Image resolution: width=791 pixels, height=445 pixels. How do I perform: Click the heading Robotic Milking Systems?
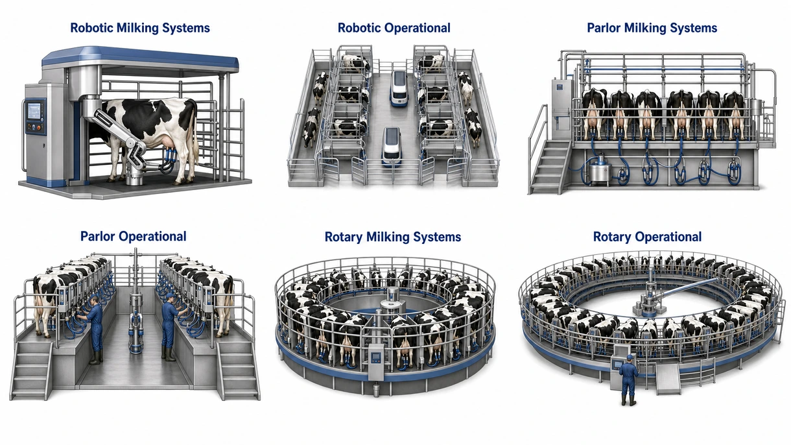140,28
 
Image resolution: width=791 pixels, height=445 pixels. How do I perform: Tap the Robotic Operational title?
394,28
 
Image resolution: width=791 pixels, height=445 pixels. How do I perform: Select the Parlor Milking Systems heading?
652,28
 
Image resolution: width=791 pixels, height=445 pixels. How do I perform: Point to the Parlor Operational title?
133,236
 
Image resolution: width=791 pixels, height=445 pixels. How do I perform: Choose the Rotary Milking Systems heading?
393,237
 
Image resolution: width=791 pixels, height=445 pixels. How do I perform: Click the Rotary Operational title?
647,237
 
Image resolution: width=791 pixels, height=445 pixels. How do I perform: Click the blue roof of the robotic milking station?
140,58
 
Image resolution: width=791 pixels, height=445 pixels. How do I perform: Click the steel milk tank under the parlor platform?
600,169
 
